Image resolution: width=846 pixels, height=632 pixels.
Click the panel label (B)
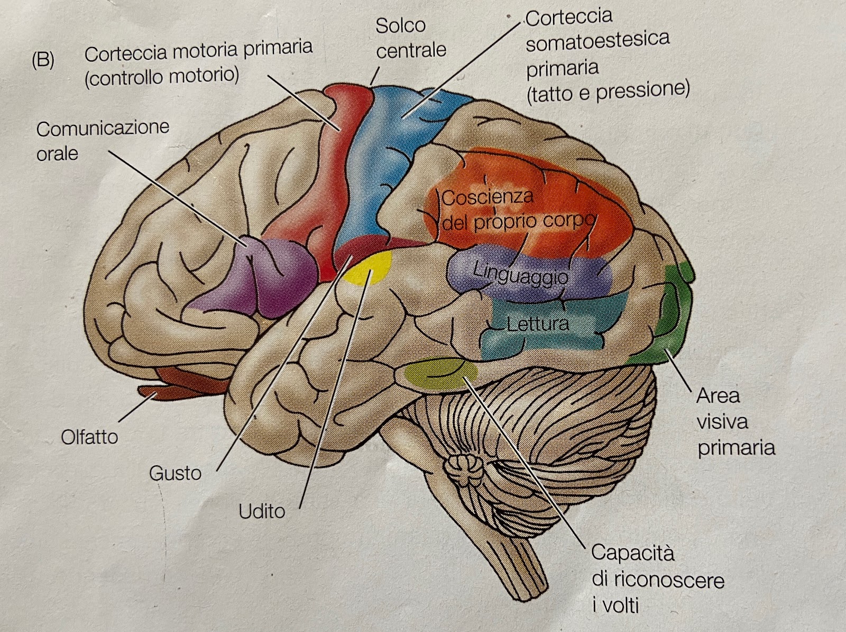tap(42, 60)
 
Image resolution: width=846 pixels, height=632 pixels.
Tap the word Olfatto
tap(89, 437)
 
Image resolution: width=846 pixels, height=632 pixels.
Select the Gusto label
tap(175, 473)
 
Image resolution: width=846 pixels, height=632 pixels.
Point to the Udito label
tap(262, 511)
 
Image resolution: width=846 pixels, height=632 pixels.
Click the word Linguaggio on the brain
tap(520, 274)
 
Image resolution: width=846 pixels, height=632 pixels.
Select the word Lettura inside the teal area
tap(537, 323)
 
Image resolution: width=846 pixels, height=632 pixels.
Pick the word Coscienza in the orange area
tap(488, 197)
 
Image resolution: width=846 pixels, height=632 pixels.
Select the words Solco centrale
tap(410, 37)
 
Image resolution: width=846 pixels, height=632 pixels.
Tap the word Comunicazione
tap(103, 128)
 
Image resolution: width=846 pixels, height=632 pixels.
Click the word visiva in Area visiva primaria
tap(722, 422)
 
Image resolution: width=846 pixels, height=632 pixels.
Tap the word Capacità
tap(632, 553)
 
